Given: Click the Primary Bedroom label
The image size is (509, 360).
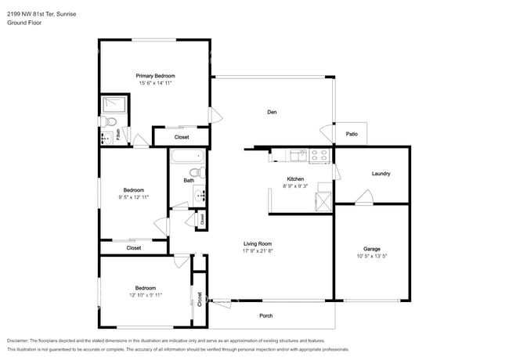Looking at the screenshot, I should pyautogui.click(x=156, y=75).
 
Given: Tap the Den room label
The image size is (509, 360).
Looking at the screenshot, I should pyautogui.click(x=272, y=113).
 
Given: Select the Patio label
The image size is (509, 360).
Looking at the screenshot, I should pyautogui.click(x=352, y=135).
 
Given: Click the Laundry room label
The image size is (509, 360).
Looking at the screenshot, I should pyautogui.click(x=381, y=174).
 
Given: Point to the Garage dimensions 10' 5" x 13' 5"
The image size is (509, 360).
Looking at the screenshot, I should pyautogui.click(x=371, y=257).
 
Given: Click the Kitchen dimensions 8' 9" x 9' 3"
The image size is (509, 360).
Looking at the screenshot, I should pyautogui.click(x=296, y=186).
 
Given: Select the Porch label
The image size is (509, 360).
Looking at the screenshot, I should pyautogui.click(x=266, y=315).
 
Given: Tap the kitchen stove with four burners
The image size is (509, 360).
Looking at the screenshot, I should pyautogui.click(x=319, y=156).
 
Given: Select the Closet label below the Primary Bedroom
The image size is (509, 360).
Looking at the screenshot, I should pyautogui.click(x=182, y=137).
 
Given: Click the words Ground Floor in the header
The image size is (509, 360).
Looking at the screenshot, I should pyautogui.click(x=24, y=23).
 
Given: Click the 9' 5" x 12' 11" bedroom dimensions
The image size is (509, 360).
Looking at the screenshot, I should pyautogui.click(x=133, y=197).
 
